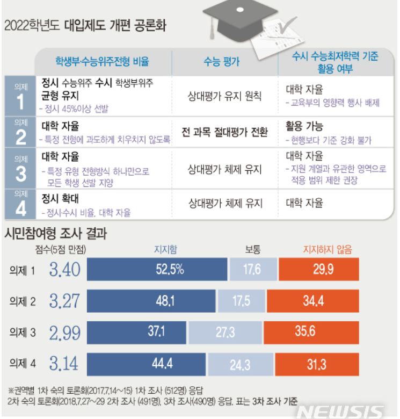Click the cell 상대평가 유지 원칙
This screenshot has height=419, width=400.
click(224, 96)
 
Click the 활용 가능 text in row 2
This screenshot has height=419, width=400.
click(304, 127)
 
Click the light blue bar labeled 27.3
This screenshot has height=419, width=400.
click(225, 333)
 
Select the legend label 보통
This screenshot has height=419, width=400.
click(253, 249)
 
